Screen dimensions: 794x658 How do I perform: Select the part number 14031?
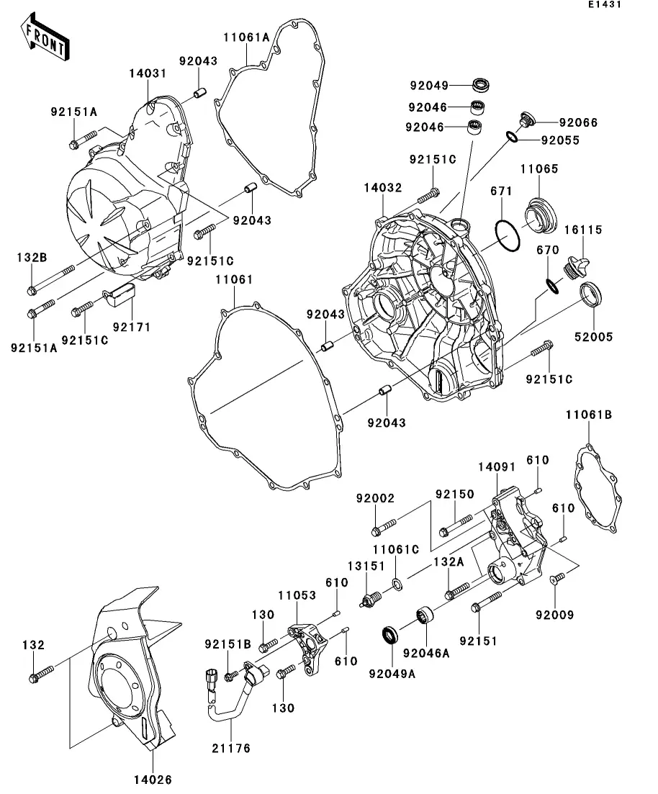(148, 73)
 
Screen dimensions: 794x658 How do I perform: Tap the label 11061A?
(245, 37)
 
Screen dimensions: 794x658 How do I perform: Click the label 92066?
(578, 123)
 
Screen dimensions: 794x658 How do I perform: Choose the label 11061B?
(588, 415)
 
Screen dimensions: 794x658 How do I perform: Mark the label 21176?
(231, 749)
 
